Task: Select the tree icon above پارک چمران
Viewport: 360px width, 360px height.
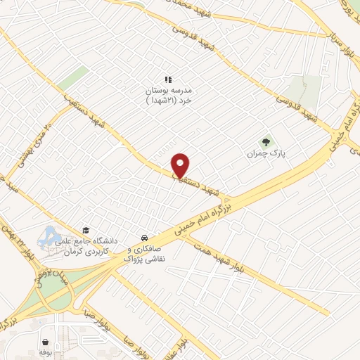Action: coord(266,141)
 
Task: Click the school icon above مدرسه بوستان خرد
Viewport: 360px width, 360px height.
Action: coord(168,80)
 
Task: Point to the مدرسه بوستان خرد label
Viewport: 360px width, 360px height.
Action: coord(168,96)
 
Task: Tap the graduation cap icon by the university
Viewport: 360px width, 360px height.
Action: coord(86,230)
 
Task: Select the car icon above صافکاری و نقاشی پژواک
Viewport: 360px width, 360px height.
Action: coord(144,237)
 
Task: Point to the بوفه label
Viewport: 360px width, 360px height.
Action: coord(46,350)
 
